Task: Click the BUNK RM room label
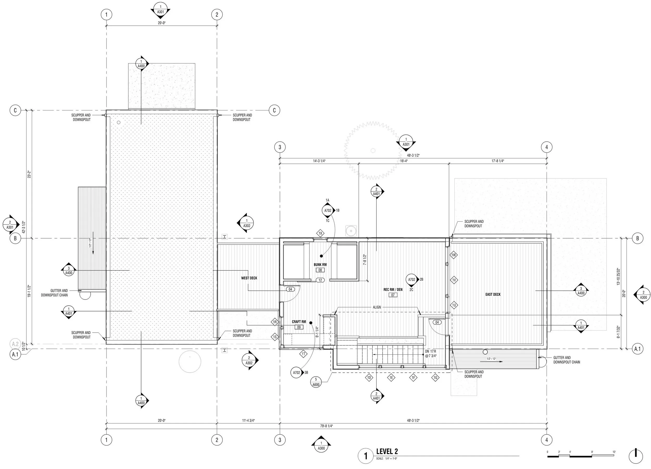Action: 320,265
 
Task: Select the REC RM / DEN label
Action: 393,290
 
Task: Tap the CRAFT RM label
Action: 299,322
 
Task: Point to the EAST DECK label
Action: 493,295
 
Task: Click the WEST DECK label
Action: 249,278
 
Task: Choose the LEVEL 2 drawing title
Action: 387,452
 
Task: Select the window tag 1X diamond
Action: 321,233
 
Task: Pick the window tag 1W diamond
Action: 454,255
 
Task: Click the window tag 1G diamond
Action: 435,378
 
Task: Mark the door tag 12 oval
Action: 320,280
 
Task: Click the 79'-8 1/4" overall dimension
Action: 326,426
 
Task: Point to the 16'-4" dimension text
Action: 404,161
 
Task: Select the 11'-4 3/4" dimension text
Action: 248,421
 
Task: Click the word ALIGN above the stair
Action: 377,307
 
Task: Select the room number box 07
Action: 393,295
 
